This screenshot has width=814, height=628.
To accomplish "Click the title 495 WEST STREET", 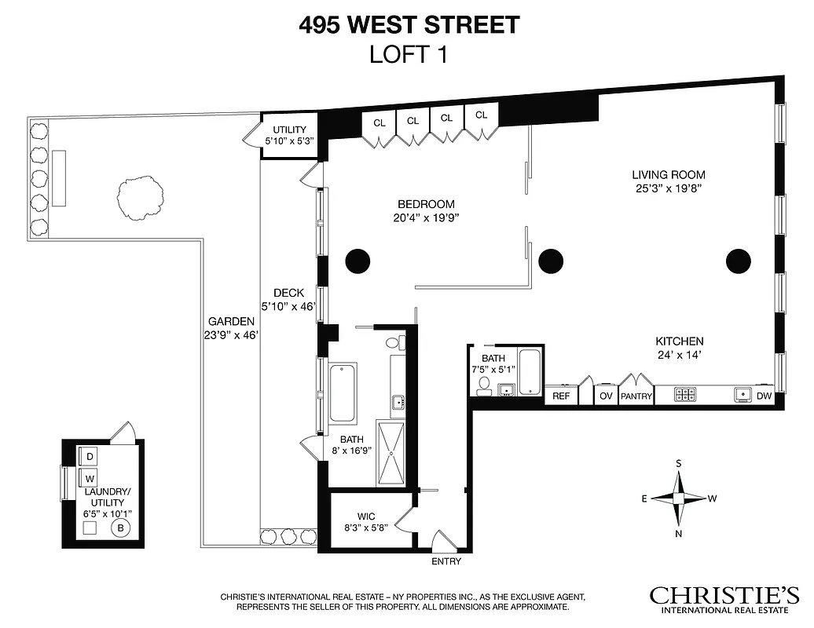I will coord(409,25).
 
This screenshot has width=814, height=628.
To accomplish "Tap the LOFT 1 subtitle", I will coord(408,54).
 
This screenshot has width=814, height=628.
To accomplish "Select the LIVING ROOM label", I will coord(669,175).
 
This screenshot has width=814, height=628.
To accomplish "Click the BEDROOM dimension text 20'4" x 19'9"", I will coord(427,219).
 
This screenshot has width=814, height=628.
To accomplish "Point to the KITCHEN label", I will coord(679,341).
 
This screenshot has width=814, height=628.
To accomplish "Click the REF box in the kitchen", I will coord(560,396).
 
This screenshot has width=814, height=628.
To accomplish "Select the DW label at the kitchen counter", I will coord(764,396).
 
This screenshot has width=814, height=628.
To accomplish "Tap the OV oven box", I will coord(606,396).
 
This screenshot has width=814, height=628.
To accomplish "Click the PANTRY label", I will coord(636,396).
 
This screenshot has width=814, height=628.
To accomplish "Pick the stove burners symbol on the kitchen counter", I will coord(685,395).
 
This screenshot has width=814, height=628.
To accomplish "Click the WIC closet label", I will coord(365,517).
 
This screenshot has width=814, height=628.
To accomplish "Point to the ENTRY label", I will coord(446,562).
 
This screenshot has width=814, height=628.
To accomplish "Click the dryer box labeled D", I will coord(90,457).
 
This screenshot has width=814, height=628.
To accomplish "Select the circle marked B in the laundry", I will coord(120,528).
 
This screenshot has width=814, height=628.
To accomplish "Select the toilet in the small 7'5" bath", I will coord(485,384).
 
